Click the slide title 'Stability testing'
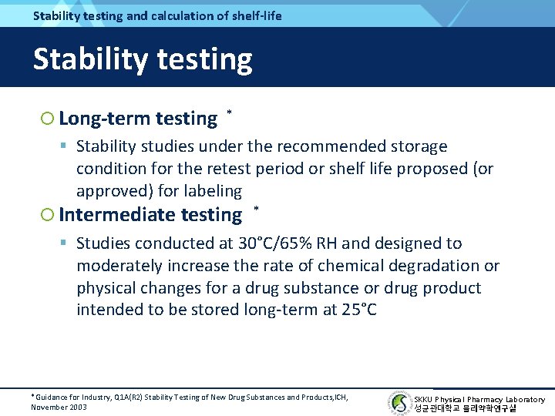tap(143, 59)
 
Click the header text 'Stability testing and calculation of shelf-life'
tap(157, 15)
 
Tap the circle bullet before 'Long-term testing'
tap(47, 119)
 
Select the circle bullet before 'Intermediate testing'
tap(47, 215)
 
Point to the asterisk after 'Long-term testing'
tap(230, 113)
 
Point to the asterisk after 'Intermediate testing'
tap(256, 210)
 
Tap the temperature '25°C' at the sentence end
tap(359, 310)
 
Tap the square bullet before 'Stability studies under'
tap(65, 146)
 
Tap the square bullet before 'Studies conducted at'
tap(65, 243)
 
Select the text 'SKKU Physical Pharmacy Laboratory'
tap(479, 399)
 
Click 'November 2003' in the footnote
tap(59, 407)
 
